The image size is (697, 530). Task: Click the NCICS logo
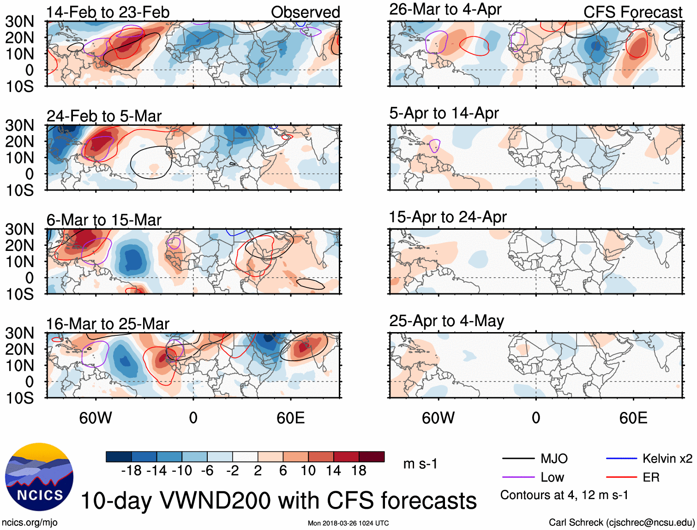point(39,476)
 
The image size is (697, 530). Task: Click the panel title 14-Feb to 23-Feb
point(108,12)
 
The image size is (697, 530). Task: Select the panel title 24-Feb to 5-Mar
point(104,116)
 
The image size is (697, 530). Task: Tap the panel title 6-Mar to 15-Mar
point(104,220)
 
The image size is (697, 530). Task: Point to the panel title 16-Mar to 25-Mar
point(108,324)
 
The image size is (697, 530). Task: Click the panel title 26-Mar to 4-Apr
point(445,9)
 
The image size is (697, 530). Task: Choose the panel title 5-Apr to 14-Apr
point(444,113)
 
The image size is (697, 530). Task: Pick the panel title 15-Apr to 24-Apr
point(448,217)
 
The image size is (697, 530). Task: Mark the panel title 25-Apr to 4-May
point(446,321)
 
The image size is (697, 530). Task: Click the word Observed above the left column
point(305,12)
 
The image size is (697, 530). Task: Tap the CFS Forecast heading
point(632,12)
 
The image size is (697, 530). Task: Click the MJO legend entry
point(554,459)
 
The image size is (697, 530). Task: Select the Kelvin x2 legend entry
point(667,459)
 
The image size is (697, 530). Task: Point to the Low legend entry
point(552,477)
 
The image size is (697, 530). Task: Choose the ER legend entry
point(651,477)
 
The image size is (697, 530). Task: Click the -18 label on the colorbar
point(131,470)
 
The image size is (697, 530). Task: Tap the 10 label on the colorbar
point(308,470)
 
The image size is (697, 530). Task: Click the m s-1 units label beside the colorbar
point(420,464)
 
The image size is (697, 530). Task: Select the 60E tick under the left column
point(290,418)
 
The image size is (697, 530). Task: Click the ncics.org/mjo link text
point(30,523)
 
